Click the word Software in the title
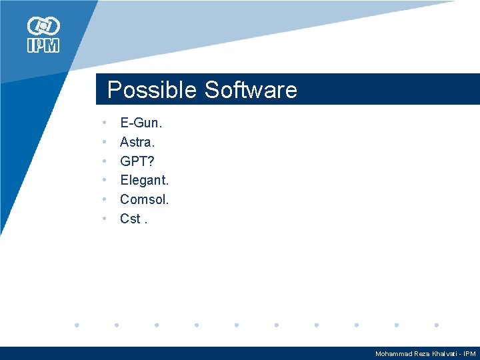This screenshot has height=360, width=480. pos(251,90)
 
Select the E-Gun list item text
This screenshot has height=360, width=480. pos(141,123)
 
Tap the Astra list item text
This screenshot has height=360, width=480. pos(137,142)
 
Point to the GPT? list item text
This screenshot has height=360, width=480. pos(137,161)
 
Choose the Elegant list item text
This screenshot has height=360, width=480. pos(144,180)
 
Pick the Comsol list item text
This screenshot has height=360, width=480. pos(144,199)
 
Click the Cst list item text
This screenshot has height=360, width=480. pos(131,218)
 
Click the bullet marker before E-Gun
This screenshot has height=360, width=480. pos(105,123)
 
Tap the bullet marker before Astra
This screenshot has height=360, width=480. pos(105,142)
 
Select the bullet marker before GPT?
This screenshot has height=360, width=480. pos(105,161)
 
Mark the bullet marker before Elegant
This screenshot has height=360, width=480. pos(105,180)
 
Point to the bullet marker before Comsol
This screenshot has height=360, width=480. pos(105,199)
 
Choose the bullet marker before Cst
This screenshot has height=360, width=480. pos(105,218)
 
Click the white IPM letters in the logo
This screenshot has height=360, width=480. pos(43,45)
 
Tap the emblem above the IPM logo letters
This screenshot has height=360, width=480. pos(43,26)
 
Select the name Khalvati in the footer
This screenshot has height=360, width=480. pos(443,354)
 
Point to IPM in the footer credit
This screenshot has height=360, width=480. pos(469,354)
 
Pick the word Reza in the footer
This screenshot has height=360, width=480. pos(422,354)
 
